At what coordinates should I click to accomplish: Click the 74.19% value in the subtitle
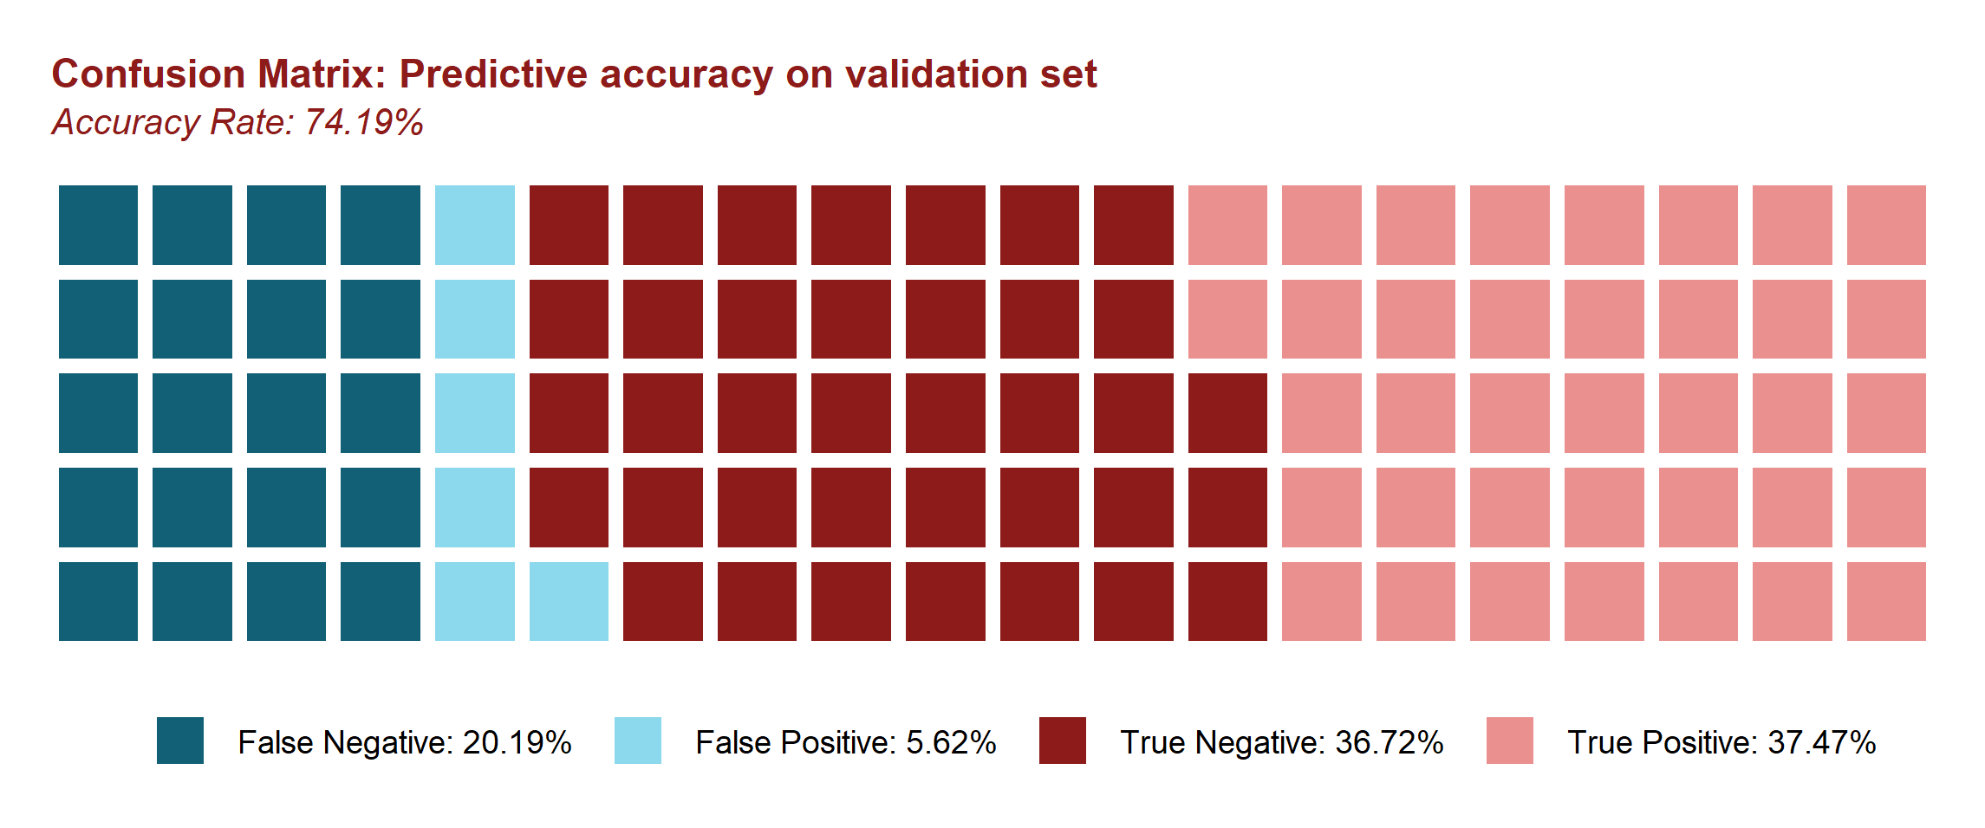364,122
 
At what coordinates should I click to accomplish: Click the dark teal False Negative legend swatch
180,741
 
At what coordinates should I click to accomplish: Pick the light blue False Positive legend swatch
638,741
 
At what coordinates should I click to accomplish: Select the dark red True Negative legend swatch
1063,741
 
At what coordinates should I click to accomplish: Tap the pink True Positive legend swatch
1510,741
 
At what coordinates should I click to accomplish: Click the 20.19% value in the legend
517,743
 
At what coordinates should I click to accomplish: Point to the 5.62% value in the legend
951,743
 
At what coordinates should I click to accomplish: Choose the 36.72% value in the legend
1389,743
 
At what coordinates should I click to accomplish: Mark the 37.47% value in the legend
1822,743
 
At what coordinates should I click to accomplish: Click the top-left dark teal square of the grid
98,225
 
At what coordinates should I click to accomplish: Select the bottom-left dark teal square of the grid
98,601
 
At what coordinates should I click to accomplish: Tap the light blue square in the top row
475,225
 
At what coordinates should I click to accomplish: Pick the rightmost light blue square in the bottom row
569,601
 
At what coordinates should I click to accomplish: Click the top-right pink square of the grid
1886,225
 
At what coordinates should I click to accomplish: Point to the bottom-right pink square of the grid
1886,601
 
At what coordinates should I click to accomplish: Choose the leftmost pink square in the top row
1227,225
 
